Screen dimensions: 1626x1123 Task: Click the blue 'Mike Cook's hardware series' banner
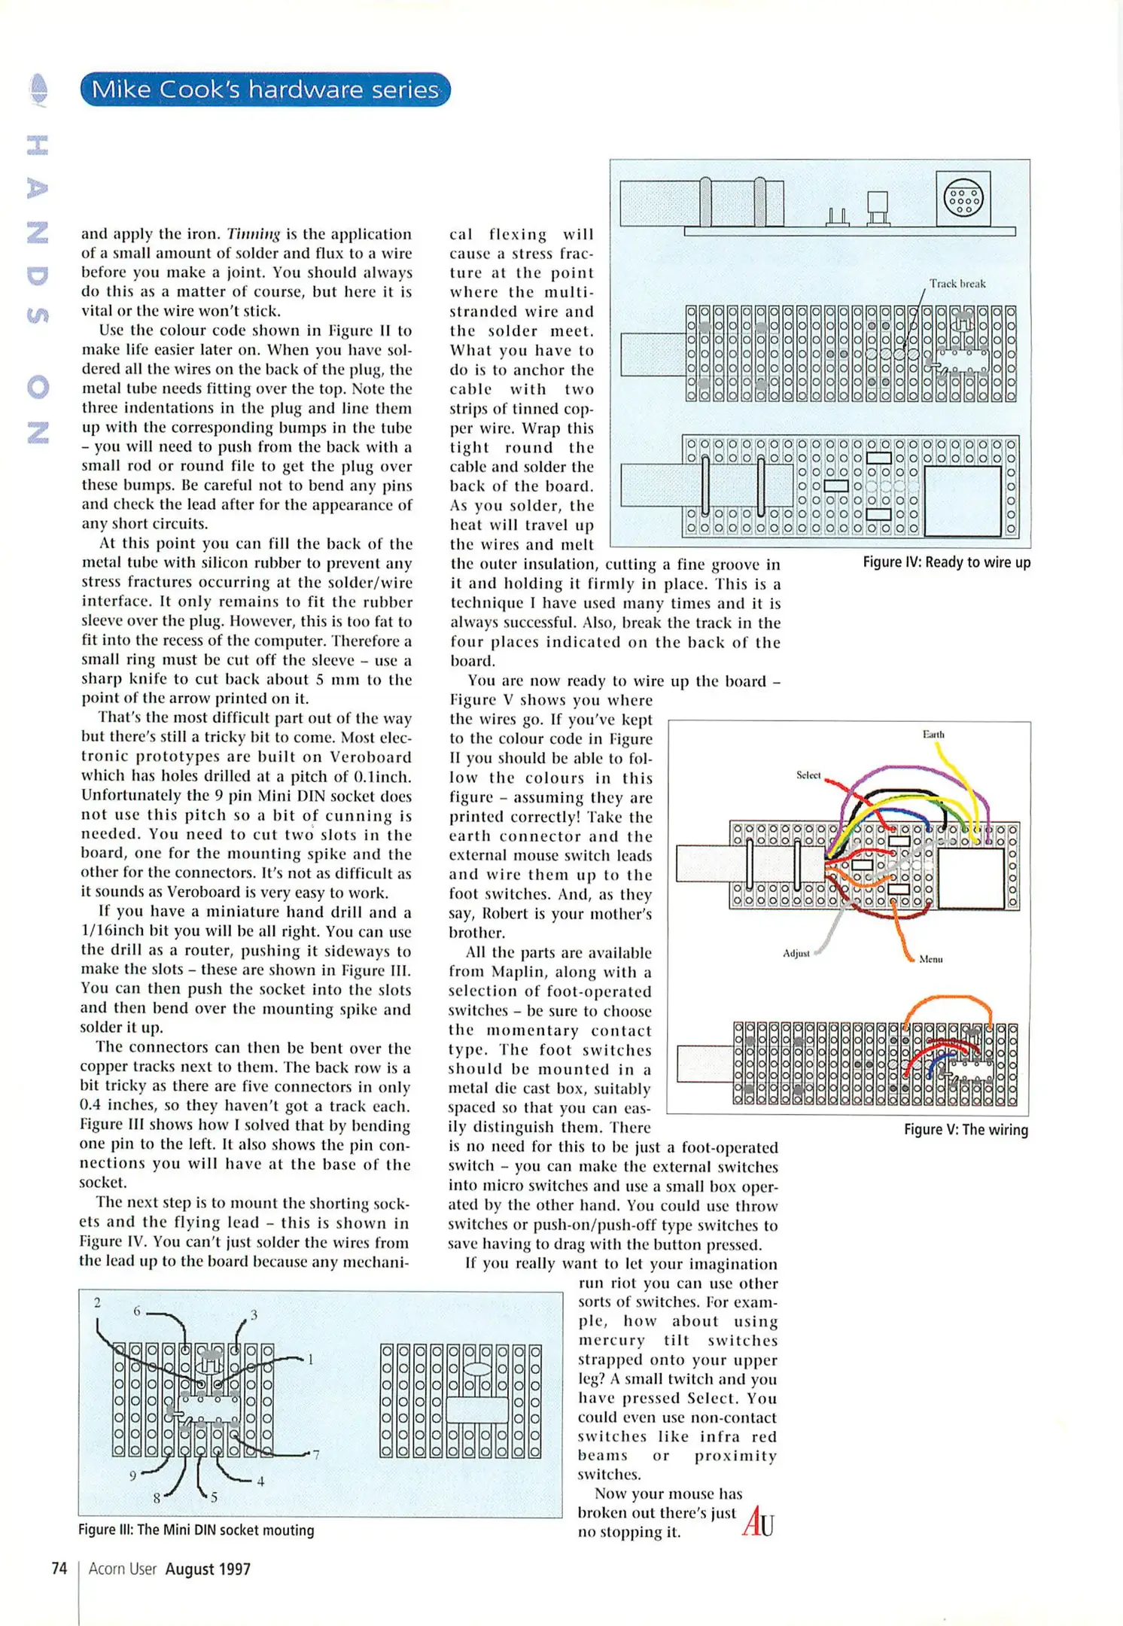pyautogui.click(x=265, y=90)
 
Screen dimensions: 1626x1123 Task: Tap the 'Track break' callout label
pyautogui.click(x=957, y=284)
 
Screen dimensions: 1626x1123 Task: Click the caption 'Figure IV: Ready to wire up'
pyautogui.click(x=946, y=562)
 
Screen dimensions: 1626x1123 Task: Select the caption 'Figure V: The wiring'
pyautogui.click(x=966, y=1129)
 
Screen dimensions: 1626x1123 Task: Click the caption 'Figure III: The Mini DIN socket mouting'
pyautogui.click(x=196, y=1530)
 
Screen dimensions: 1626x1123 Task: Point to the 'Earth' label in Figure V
pyautogui.click(x=933, y=734)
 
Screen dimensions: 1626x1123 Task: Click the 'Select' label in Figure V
pyautogui.click(x=808, y=775)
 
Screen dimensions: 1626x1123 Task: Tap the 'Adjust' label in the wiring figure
pyautogui.click(x=796, y=953)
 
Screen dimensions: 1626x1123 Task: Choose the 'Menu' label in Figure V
pyautogui.click(x=931, y=959)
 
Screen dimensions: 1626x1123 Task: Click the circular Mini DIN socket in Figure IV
pyautogui.click(x=963, y=198)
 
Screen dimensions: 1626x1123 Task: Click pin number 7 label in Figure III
pyautogui.click(x=316, y=1454)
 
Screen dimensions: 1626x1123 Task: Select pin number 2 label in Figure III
pyautogui.click(x=97, y=1302)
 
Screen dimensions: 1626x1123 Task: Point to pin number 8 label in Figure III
pyautogui.click(x=157, y=1498)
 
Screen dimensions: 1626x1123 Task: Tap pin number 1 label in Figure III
pyautogui.click(x=310, y=1360)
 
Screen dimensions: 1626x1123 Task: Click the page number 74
pyautogui.click(x=59, y=1569)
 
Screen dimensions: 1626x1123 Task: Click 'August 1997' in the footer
pyautogui.click(x=208, y=1569)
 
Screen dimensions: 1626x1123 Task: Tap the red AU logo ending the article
pyautogui.click(x=757, y=1522)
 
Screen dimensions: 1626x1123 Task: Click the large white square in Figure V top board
pyautogui.click(x=971, y=878)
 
